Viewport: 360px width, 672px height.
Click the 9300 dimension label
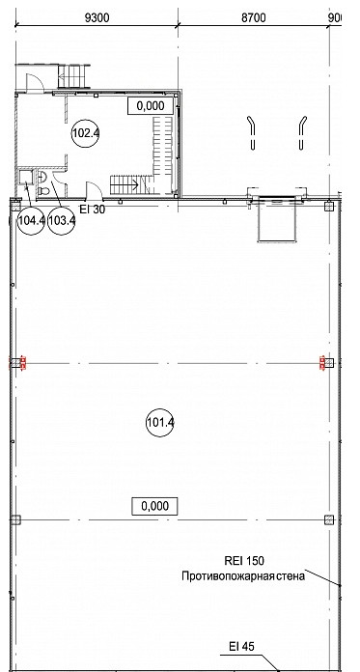point(97,17)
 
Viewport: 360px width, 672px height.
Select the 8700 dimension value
point(253,17)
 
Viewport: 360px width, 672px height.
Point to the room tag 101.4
point(160,423)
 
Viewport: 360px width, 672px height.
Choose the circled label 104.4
point(31,221)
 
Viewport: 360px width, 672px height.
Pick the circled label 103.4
point(61,221)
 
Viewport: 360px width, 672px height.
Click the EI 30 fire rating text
point(93,210)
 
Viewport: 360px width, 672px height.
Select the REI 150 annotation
point(244,561)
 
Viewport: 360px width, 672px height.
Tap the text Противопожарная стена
point(243,575)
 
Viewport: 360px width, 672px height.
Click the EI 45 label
point(241,646)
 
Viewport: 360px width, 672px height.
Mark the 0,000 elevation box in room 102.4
point(151,106)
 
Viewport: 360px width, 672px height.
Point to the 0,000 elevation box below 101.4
point(154,506)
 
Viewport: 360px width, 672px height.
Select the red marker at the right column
point(321,363)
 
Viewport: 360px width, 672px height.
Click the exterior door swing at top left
point(35,82)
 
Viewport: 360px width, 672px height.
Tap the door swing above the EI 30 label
point(95,191)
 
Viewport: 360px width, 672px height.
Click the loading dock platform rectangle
point(277,221)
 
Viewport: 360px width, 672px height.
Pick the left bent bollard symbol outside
point(253,133)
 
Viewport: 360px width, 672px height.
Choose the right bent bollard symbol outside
point(302,133)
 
